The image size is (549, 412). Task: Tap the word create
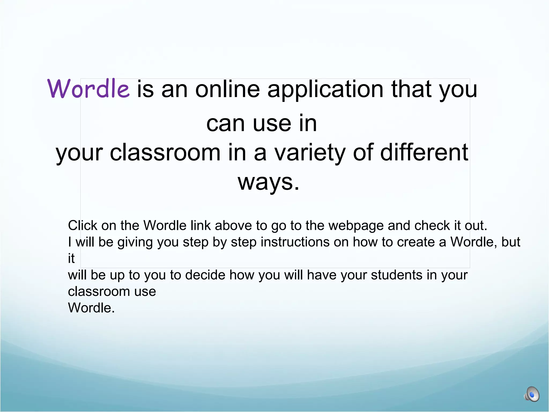(416, 242)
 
